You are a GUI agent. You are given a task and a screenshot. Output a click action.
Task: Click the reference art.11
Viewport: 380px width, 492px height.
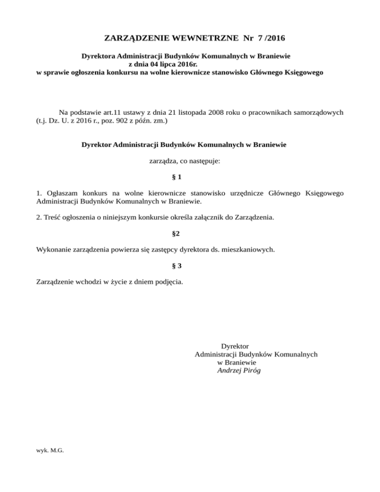[x=123, y=111]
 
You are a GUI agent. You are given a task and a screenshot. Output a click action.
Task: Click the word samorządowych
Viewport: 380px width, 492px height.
[x=317, y=111]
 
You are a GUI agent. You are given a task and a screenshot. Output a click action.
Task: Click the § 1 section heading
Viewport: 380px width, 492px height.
[x=177, y=177]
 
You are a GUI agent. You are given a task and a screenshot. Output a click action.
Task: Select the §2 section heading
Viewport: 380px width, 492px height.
[x=176, y=233]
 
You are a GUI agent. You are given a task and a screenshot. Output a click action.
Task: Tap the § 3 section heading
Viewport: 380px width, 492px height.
[x=177, y=266]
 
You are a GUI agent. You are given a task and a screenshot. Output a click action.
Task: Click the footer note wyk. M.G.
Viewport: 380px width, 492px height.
[x=50, y=450]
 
